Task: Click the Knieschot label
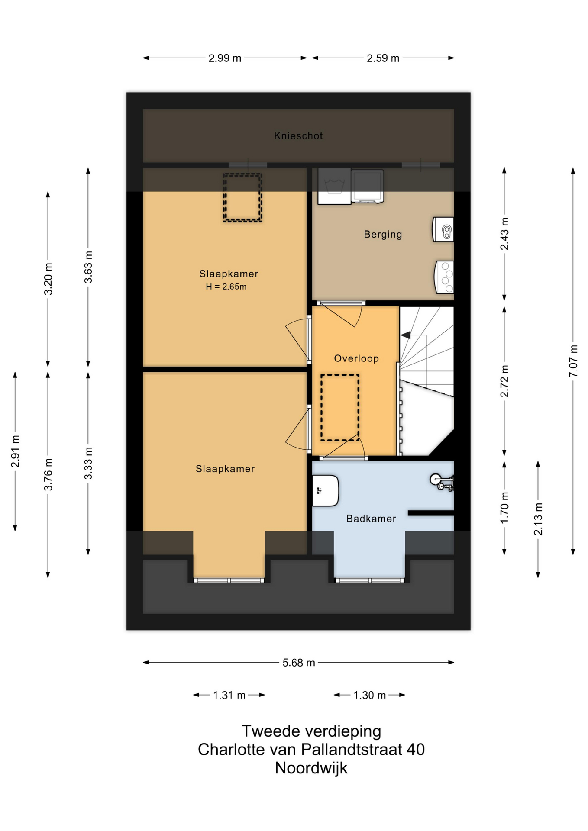click(x=298, y=136)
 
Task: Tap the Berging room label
click(x=383, y=235)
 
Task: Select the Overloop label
click(x=356, y=358)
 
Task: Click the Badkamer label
click(x=371, y=519)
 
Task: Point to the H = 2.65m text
click(x=226, y=287)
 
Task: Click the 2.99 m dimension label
click(x=225, y=58)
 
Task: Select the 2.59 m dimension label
click(x=383, y=58)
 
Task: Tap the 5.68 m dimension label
click(x=299, y=663)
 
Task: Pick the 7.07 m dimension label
click(x=573, y=361)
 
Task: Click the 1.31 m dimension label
click(x=229, y=695)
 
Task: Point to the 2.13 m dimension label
click(x=538, y=519)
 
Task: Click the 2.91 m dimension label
click(x=15, y=451)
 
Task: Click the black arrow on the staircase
click(x=406, y=335)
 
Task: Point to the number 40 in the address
click(x=416, y=749)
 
